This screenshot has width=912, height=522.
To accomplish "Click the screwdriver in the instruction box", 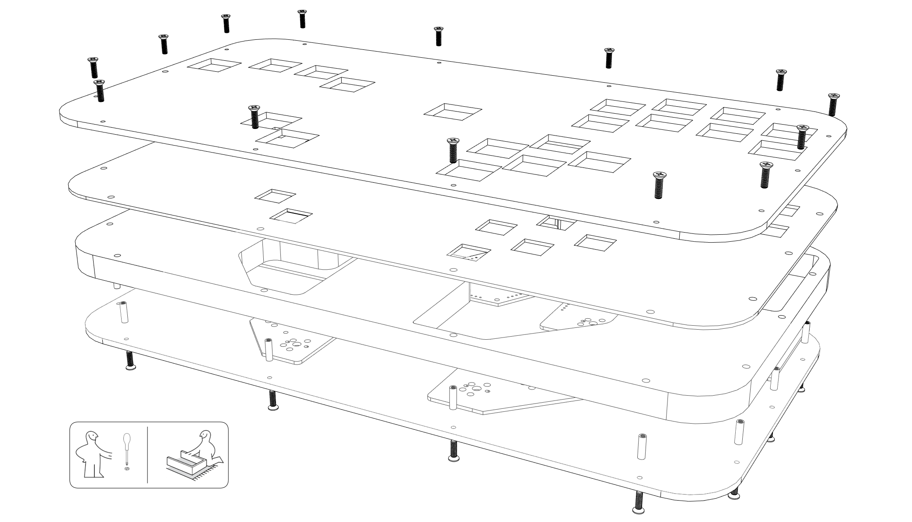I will tap(126, 448).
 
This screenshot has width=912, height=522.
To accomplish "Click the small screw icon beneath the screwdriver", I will tap(127, 469).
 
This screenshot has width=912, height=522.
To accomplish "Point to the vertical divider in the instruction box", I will tap(147, 455).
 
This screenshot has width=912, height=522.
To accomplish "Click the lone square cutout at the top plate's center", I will tap(452, 111).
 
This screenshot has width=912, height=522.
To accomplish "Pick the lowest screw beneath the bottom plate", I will tap(639, 503).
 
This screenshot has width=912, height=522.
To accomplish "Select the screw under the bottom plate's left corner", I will tap(129, 361).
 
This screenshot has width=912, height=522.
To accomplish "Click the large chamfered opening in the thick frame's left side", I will tap(293, 267).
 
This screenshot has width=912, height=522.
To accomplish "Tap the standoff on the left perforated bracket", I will tap(268, 350).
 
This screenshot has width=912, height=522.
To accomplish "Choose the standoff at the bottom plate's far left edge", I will tap(124, 312).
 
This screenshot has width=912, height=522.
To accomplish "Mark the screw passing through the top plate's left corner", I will tap(100, 90).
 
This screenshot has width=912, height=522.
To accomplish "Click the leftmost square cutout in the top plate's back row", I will tap(214, 66).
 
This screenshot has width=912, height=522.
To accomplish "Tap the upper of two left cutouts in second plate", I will tap(275, 196).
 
